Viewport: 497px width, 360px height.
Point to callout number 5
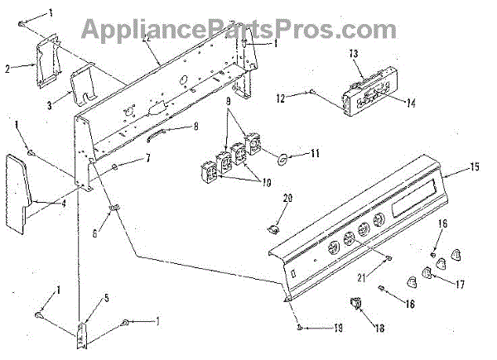(x=106, y=298)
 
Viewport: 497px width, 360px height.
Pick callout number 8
(x=195, y=127)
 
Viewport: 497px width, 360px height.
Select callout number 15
(x=475, y=168)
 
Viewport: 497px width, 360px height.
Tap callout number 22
(x=146, y=38)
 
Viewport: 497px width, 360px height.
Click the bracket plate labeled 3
(x=84, y=85)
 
